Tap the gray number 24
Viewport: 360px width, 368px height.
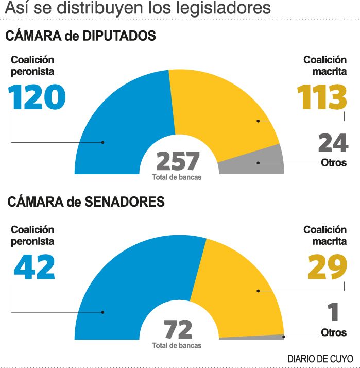click(x=333, y=143)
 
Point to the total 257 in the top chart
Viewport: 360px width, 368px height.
click(x=178, y=161)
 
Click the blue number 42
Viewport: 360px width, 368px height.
click(x=35, y=267)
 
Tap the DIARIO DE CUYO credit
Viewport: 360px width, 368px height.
click(x=320, y=358)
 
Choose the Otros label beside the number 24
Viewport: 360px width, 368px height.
click(x=333, y=163)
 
